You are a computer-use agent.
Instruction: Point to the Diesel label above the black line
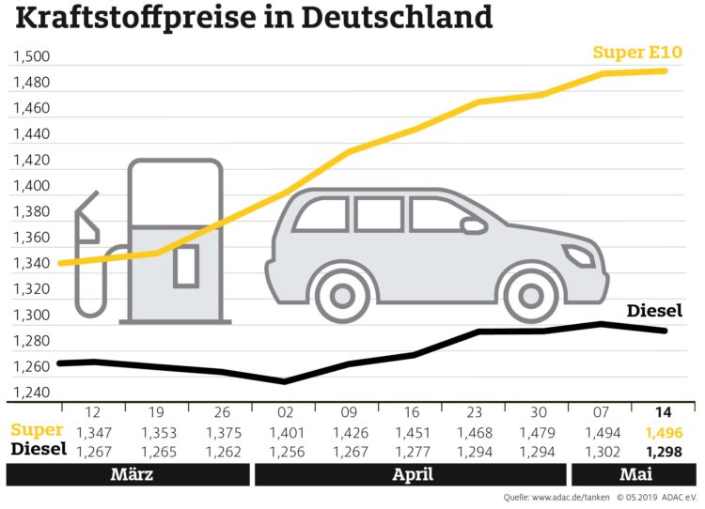coord(654,311)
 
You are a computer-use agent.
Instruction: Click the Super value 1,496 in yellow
coord(665,433)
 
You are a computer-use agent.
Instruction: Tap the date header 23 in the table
coord(473,414)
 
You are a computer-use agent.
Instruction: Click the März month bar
coord(133,474)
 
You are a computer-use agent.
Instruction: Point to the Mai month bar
coord(633,474)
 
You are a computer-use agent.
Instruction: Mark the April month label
coord(410,474)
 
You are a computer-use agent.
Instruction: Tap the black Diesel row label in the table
coord(38,450)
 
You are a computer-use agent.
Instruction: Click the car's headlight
coord(576,254)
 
